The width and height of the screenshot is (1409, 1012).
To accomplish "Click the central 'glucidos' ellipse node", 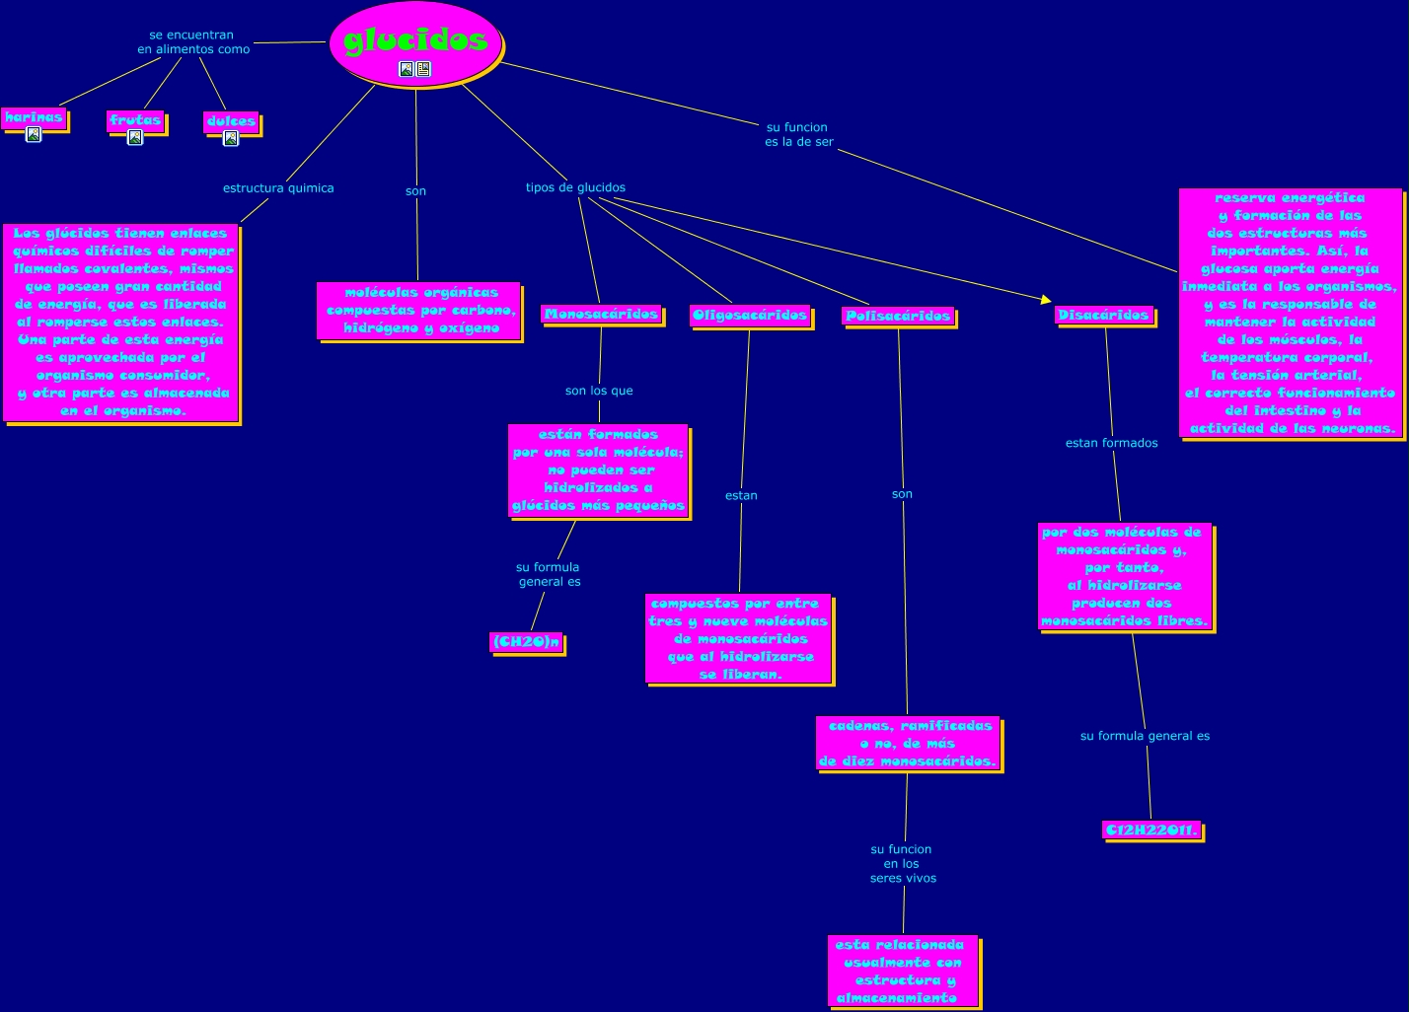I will click(415, 39).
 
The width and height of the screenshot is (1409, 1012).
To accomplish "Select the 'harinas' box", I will click(34, 117).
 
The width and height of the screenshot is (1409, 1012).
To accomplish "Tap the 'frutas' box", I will click(135, 120).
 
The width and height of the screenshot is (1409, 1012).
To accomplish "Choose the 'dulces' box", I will click(231, 121).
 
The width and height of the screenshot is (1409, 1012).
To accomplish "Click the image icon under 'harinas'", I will click(34, 135).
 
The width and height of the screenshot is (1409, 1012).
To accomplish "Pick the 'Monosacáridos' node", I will click(601, 315).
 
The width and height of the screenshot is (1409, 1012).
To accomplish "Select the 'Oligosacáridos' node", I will click(750, 316).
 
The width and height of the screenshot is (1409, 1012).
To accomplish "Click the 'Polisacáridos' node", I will click(898, 316).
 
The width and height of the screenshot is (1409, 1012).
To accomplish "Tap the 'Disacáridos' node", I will click(1103, 315).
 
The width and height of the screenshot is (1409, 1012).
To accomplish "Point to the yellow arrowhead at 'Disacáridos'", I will click(1046, 298).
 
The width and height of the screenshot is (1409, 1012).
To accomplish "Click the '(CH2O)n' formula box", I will click(526, 642).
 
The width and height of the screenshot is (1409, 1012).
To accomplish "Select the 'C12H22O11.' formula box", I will click(1151, 830).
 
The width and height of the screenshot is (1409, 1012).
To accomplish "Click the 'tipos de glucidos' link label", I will click(575, 187).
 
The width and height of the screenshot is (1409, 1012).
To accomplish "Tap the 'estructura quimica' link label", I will click(278, 187).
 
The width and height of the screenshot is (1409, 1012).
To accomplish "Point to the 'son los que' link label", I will click(599, 391).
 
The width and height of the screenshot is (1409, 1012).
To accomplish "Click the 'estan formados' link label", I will click(1111, 443).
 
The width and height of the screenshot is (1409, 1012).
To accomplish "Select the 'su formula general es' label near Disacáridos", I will click(1145, 736).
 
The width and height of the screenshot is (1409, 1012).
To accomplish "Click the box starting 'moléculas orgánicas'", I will click(418, 311).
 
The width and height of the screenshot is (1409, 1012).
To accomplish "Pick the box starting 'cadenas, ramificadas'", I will click(908, 744).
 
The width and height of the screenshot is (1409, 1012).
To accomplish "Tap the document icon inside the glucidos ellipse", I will click(423, 69).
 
